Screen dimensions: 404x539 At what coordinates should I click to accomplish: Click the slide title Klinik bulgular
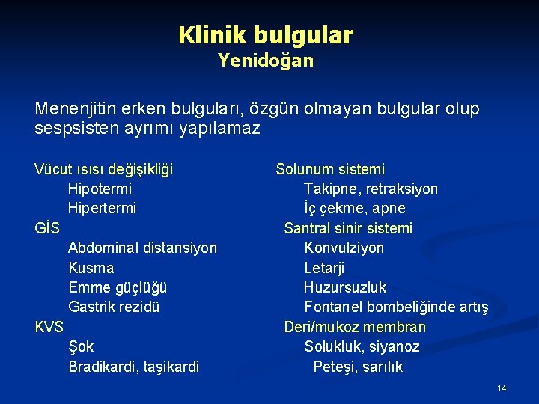click(266, 34)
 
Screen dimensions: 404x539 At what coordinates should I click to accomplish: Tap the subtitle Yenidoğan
click(266, 61)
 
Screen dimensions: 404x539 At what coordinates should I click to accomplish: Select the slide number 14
click(502, 388)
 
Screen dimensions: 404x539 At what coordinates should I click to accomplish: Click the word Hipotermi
click(100, 189)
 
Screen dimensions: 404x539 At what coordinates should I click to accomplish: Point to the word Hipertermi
click(102, 209)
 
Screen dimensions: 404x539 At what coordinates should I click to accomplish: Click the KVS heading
click(49, 326)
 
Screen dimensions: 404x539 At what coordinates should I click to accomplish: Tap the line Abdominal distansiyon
click(142, 248)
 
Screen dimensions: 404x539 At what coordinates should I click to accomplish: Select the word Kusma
click(91, 268)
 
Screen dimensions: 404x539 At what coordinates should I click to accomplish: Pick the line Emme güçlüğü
click(118, 287)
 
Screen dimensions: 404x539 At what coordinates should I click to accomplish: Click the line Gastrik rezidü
click(114, 307)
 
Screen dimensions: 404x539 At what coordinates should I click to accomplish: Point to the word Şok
click(81, 346)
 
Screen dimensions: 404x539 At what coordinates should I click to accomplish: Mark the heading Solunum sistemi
click(330, 170)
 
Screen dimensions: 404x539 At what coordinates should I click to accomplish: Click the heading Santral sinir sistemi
click(348, 228)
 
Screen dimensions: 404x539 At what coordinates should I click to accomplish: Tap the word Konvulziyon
click(344, 248)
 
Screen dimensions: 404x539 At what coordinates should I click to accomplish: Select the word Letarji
click(324, 268)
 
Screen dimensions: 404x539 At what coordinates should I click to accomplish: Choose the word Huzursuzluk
click(345, 287)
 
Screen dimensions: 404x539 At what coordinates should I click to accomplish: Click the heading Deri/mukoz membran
click(355, 327)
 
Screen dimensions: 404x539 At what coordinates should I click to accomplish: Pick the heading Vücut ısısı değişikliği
click(103, 170)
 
